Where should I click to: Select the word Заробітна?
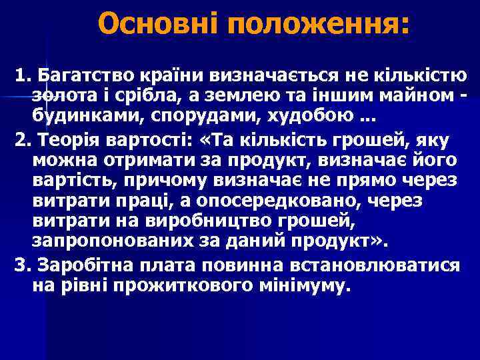(x=90, y=265)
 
